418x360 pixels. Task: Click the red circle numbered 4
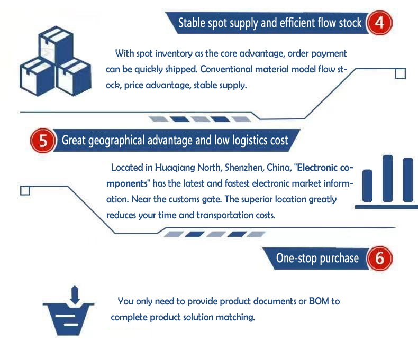point(379,23)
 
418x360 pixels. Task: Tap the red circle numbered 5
point(42,141)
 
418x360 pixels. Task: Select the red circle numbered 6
point(379,259)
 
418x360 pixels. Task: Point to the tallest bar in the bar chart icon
point(388,179)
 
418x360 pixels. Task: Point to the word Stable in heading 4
point(192,23)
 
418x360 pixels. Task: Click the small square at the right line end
point(401,73)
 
